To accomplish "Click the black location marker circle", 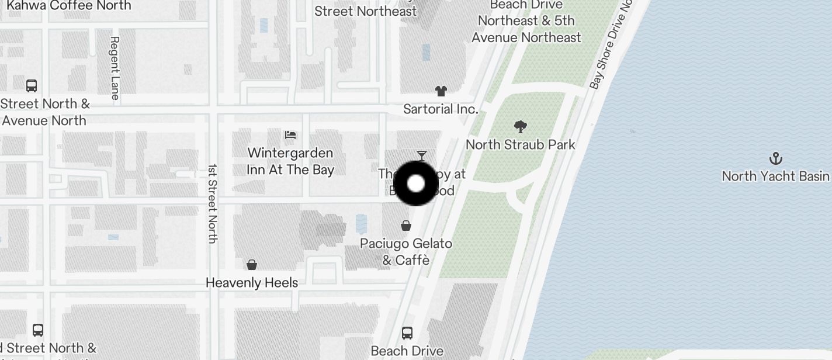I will pyautogui.click(x=416, y=184).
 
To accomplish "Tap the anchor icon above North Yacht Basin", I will pyautogui.click(x=775, y=158).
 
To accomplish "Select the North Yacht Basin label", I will pyautogui.click(x=775, y=176).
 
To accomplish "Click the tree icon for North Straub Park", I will pyautogui.click(x=520, y=126).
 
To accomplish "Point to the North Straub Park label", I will pyautogui.click(x=520, y=144).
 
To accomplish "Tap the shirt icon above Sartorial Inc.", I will pyautogui.click(x=441, y=91).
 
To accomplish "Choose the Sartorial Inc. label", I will pyautogui.click(x=441, y=109).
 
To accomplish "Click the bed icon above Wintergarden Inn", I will pyautogui.click(x=290, y=135).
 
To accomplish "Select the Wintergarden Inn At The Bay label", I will pyautogui.click(x=290, y=161).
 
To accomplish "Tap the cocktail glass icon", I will pyautogui.click(x=422, y=155).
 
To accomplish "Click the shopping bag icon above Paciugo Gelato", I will pyautogui.click(x=406, y=226).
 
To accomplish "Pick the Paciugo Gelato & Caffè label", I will pyautogui.click(x=406, y=251).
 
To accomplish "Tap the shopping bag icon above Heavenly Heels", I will pyautogui.click(x=252, y=265).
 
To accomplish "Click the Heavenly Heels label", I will pyautogui.click(x=252, y=283).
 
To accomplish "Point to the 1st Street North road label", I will pyautogui.click(x=213, y=203).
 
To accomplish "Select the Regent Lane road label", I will pyautogui.click(x=115, y=68).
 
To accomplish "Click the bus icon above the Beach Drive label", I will pyautogui.click(x=407, y=333).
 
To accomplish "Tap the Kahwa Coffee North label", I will pyautogui.click(x=69, y=6).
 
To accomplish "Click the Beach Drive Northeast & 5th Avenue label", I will pyautogui.click(x=526, y=21).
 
